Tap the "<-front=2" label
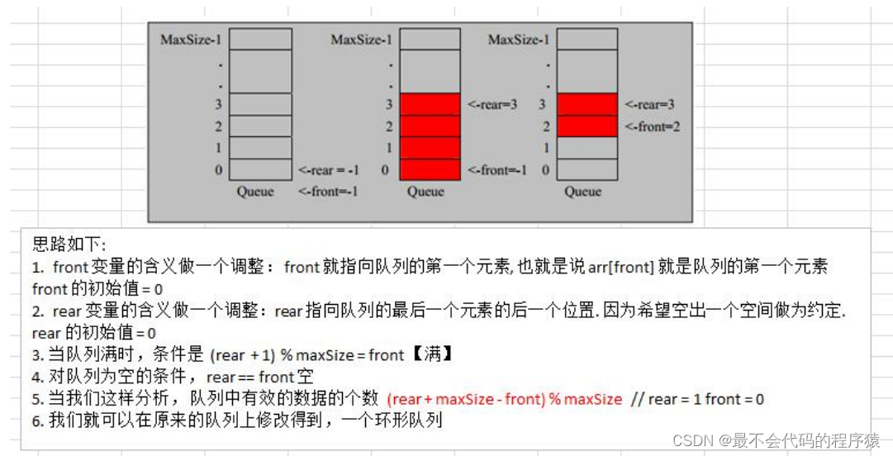click(x=652, y=126)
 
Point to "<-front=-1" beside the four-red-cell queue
click(x=496, y=170)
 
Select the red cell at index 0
click(x=430, y=169)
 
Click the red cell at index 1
click(x=430, y=148)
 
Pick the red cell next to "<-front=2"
click(x=587, y=126)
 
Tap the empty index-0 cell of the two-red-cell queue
click(x=587, y=169)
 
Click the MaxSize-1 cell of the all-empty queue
click(x=260, y=40)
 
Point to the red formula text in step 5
click(x=504, y=399)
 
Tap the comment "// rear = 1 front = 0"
click(x=697, y=399)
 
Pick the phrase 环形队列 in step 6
click(x=409, y=420)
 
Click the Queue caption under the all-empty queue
click(x=255, y=192)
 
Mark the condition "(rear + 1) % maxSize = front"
click(x=306, y=355)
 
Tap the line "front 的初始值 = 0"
click(x=98, y=289)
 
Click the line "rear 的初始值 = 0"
click(x=93, y=333)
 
